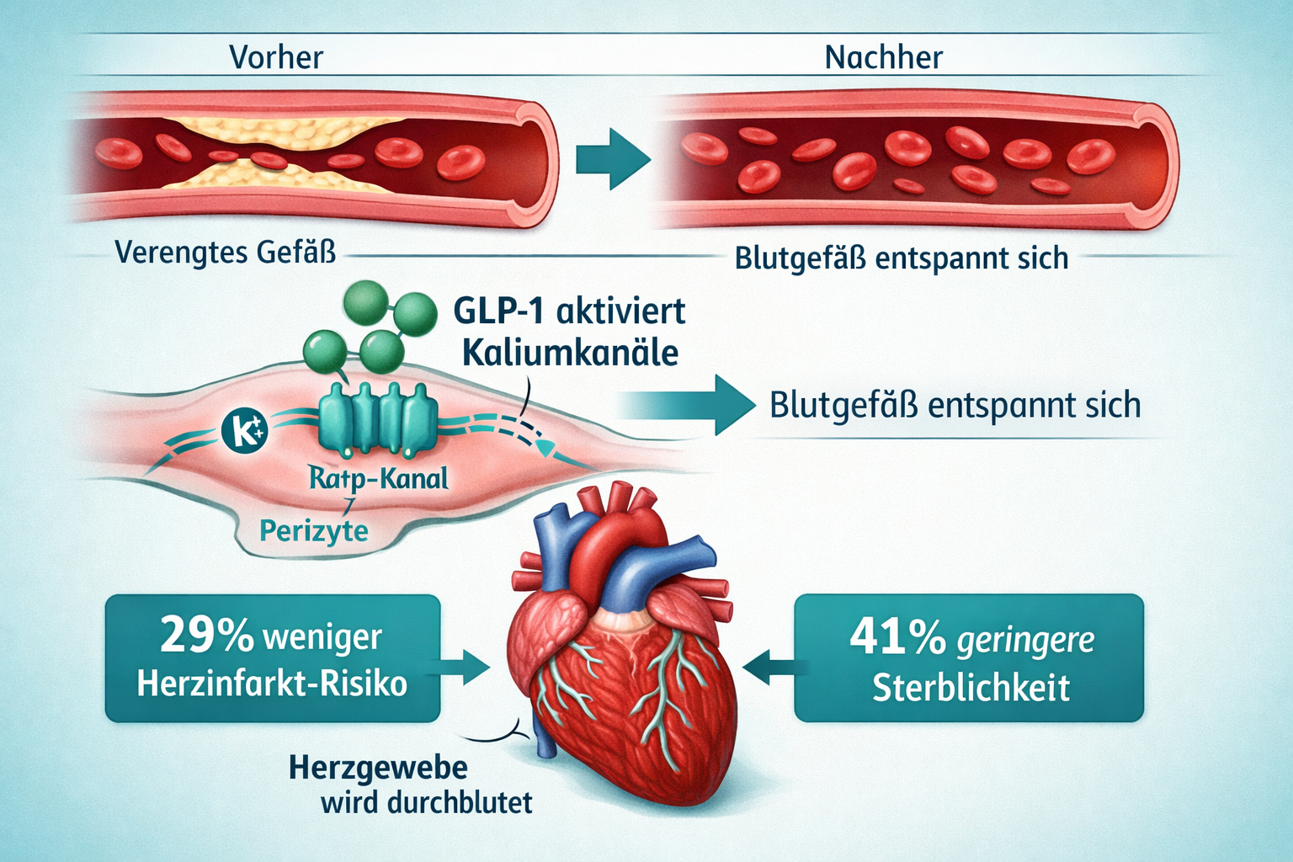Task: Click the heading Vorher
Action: point(276,57)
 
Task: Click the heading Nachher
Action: point(883,57)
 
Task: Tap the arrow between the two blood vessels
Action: point(613,158)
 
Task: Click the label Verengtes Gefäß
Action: point(225,252)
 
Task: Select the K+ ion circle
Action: point(244,429)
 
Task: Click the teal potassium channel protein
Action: point(378,417)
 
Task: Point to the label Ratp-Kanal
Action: point(378,479)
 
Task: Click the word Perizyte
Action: point(313,531)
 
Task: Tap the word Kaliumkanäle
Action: point(570,352)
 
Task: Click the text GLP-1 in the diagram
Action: point(497,311)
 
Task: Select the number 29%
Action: point(206,636)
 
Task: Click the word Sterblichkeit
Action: point(970,688)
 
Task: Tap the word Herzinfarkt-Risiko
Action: point(272,684)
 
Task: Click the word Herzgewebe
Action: point(378,768)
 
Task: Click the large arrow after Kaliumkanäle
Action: point(690,405)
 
